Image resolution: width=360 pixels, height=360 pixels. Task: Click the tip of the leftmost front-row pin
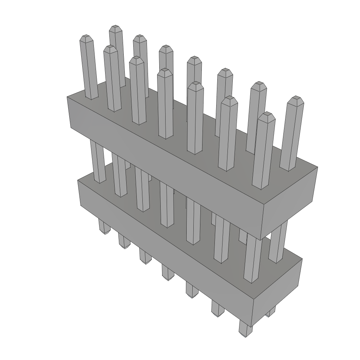point(86,37)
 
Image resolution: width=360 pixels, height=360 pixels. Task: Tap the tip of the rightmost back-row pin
point(295,99)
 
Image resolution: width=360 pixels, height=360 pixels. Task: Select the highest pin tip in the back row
point(115,28)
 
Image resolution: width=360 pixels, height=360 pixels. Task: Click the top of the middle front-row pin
point(165,71)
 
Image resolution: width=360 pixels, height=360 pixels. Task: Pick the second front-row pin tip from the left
point(110,48)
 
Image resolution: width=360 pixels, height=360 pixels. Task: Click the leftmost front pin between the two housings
point(97,162)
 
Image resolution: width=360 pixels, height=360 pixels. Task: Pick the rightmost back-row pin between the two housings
point(278,243)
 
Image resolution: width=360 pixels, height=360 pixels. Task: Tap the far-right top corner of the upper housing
point(317,167)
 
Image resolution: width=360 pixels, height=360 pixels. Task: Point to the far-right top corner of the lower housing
point(302,259)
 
